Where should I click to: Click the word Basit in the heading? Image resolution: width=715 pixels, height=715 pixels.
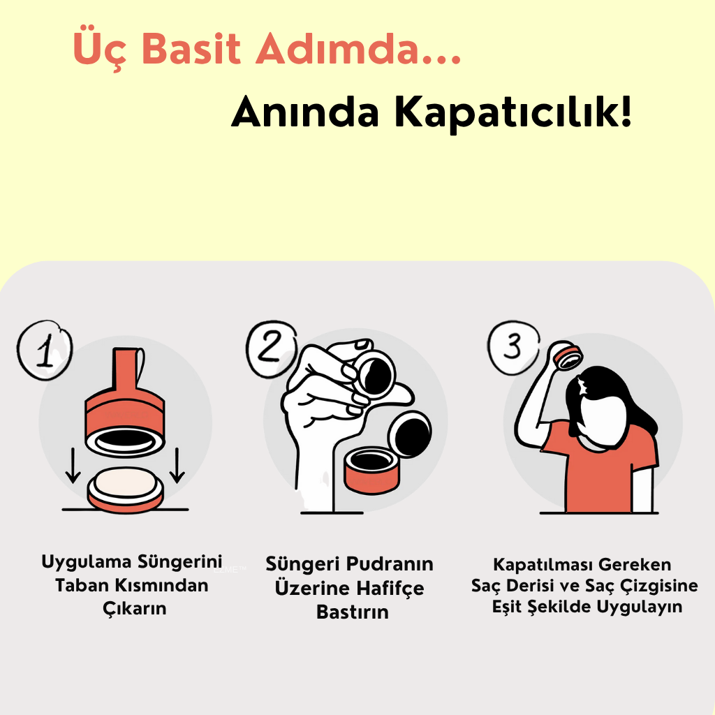click(x=191, y=48)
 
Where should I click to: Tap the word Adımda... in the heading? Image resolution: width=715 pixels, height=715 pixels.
click(x=358, y=48)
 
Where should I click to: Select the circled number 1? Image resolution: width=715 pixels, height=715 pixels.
click(x=45, y=351)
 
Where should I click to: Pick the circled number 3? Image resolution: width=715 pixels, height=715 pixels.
click(x=513, y=346)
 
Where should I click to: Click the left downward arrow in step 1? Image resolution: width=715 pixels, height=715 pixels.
click(x=73, y=466)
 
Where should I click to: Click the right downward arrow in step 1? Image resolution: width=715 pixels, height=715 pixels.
click(x=177, y=466)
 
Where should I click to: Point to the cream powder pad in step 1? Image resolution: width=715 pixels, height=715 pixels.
click(x=125, y=483)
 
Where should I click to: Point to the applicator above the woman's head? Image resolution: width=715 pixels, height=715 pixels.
click(x=568, y=355)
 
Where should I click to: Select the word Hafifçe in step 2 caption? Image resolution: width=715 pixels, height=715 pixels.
click(x=390, y=588)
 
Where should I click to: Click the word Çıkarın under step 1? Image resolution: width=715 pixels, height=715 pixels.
click(x=135, y=609)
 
